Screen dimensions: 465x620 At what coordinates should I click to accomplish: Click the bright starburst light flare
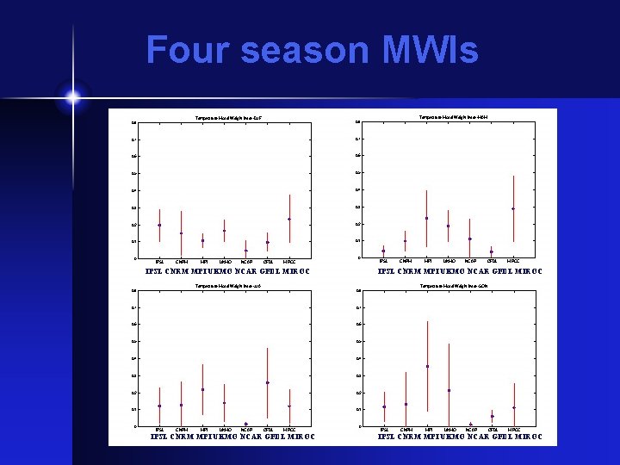[72, 97]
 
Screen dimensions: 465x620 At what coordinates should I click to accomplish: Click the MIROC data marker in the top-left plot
[289, 219]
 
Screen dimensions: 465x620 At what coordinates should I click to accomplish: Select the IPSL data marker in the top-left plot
[159, 225]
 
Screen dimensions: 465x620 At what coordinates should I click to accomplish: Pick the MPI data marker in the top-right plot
[426, 218]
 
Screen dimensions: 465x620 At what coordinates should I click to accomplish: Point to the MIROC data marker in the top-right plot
[513, 208]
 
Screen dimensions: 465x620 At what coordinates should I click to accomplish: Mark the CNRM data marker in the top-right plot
[405, 241]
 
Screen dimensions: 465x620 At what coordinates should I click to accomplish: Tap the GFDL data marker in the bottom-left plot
[268, 382]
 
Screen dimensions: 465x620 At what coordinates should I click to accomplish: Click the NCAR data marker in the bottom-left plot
[246, 424]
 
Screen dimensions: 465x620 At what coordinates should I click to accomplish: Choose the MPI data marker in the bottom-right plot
[426, 366]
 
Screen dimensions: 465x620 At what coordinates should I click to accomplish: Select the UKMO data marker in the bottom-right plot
[448, 390]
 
